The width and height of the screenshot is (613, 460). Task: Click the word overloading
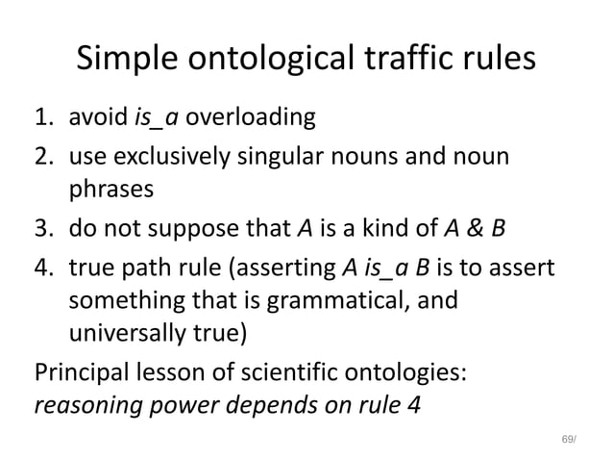[249, 119]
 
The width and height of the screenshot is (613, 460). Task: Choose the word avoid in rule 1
[101, 119]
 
